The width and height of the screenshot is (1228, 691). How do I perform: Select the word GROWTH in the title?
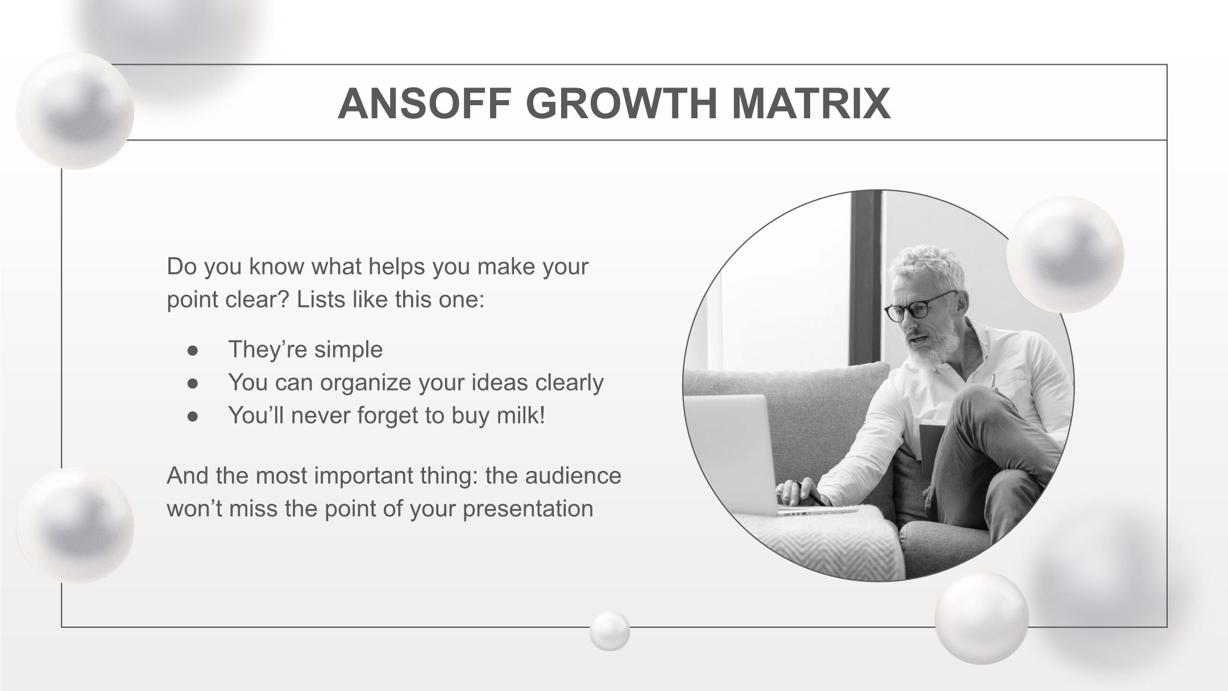[623, 104]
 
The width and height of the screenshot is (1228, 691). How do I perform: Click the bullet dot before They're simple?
[193, 350]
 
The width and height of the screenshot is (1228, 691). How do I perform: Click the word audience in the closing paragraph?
[573, 475]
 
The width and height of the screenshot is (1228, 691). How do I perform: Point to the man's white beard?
[932, 341]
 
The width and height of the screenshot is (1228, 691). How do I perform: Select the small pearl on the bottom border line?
[609, 631]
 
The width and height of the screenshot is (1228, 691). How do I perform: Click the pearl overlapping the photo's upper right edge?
[1065, 254]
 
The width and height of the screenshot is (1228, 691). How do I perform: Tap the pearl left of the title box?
[75, 111]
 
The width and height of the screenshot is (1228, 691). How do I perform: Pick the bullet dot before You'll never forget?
[193, 416]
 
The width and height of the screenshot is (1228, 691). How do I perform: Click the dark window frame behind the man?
[866, 279]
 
